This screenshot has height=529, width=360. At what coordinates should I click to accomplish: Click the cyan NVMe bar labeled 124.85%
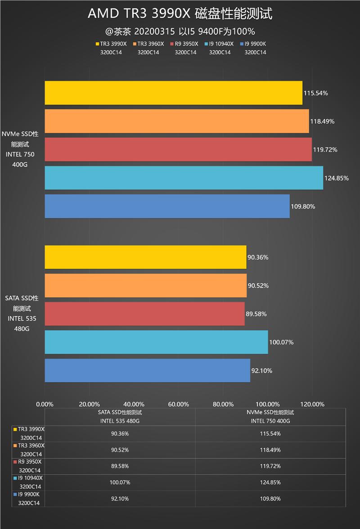pyautogui.click(x=184, y=178)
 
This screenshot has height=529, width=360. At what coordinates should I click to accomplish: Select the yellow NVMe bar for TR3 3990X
pyautogui.click(x=173, y=93)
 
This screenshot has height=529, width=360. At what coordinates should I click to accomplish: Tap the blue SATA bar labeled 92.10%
pyautogui.click(x=147, y=370)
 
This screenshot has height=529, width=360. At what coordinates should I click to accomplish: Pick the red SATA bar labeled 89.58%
pyautogui.click(x=144, y=314)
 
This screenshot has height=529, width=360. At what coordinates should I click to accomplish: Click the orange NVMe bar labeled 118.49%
pyautogui.click(x=176, y=121)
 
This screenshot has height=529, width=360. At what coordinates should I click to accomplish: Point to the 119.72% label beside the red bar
pyautogui.click(x=325, y=149)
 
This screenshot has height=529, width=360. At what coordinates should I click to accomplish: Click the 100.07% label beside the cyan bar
pyautogui.click(x=281, y=342)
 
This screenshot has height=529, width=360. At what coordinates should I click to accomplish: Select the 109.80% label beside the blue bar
pyautogui.click(x=303, y=206)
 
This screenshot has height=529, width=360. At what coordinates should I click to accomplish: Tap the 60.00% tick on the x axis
pyautogui.click(x=178, y=403)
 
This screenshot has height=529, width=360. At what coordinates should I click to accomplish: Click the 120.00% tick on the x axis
pyautogui.click(x=312, y=403)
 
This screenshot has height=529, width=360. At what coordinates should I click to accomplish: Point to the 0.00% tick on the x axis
pyautogui.click(x=45, y=403)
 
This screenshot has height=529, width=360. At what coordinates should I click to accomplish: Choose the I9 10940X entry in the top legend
pyautogui.click(x=220, y=44)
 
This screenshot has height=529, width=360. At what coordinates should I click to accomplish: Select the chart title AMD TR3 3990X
pyautogui.click(x=180, y=14)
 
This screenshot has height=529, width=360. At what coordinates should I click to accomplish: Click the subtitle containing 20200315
pyautogui.click(x=180, y=31)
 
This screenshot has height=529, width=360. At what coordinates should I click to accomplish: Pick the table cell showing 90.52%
pyautogui.click(x=120, y=450)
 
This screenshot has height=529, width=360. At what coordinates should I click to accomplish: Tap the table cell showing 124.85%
pyautogui.click(x=270, y=482)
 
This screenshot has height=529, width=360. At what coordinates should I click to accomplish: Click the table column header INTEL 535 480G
pyautogui.click(x=120, y=421)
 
